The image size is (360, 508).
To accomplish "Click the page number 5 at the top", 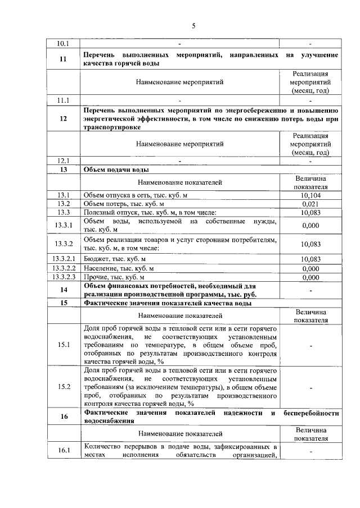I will tap(193, 26).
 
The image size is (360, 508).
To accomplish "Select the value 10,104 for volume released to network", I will tap(310, 195).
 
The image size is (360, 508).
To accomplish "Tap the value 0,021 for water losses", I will tap(310, 204).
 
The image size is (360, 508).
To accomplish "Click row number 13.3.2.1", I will tap(63, 259).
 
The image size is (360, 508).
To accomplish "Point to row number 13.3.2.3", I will tap(63, 277).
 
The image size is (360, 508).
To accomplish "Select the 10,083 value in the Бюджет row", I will tap(310, 259).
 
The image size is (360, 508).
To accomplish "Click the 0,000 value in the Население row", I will tap(310, 268).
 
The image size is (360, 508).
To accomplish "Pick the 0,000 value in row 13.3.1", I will tap(310, 226).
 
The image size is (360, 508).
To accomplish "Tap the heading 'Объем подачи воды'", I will tap(116, 169).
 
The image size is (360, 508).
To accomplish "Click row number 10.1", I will tap(63, 43).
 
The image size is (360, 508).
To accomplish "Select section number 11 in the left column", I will tap(63, 60).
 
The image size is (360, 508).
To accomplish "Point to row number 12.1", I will tap(63, 160).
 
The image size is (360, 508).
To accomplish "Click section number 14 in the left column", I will tap(63, 290).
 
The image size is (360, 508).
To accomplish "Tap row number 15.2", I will tap(63, 387).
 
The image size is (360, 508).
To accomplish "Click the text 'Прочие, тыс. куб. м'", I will tap(114, 277).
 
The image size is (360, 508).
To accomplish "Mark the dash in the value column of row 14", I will tap(310, 290).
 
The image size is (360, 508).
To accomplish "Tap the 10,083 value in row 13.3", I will tap(310, 213).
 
